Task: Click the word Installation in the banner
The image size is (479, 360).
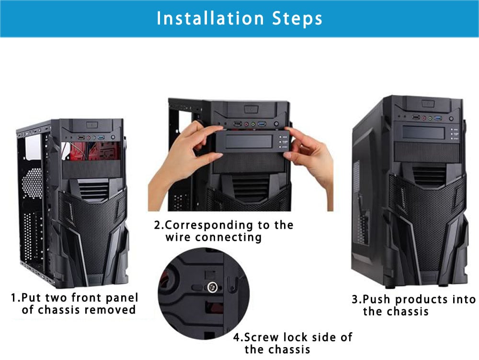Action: point(210,18)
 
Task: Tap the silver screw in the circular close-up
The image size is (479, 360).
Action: point(212,287)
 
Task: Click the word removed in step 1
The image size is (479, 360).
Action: point(110,310)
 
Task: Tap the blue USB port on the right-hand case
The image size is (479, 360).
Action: point(438,118)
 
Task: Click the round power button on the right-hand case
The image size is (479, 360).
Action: point(451,119)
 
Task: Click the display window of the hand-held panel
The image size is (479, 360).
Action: point(248,142)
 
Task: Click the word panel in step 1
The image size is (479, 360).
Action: point(122,298)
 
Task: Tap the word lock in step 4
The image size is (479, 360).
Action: point(296,337)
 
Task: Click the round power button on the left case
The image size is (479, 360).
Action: point(113,138)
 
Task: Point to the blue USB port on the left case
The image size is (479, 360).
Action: point(101,137)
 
